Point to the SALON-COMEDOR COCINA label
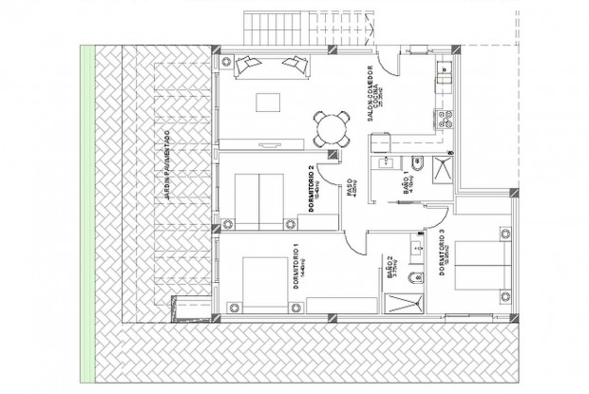[x=374, y=87]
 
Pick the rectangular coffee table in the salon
[x=268, y=103]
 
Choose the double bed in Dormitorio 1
[x=267, y=283]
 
